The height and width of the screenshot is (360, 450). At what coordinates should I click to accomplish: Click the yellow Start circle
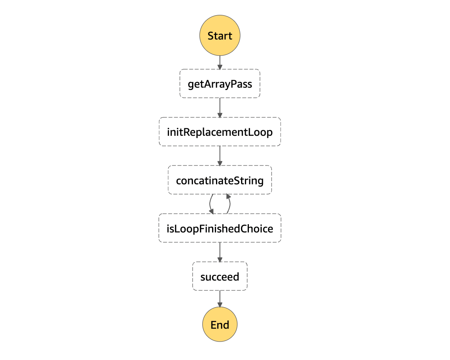tap(220, 35)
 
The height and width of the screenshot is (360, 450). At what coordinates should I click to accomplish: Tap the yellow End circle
tap(220, 324)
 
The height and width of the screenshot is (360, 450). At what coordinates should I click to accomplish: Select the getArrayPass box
tap(220, 83)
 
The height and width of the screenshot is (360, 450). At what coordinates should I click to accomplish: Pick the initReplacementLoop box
tap(220, 131)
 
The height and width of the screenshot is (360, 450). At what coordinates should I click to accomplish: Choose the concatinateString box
tap(220, 180)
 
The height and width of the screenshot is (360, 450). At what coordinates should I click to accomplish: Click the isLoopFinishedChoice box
tap(220, 228)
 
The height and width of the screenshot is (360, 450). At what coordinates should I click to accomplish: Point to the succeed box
tap(220, 276)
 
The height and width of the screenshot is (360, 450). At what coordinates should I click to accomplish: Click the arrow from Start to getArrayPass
tap(220, 63)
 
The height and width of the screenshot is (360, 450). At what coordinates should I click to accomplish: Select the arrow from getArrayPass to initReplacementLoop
tap(220, 108)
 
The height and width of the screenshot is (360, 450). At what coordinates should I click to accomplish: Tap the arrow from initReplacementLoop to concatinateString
tap(220, 156)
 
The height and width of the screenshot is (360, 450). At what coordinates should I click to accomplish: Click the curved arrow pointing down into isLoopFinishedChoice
tap(210, 204)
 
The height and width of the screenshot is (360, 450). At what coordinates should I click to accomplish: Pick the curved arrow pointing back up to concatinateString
tap(230, 204)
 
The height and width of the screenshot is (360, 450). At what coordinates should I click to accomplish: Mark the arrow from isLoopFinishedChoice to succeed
tap(220, 252)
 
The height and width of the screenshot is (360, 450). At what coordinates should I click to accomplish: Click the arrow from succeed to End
tap(220, 299)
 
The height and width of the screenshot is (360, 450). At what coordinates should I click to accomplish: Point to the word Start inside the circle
tap(220, 36)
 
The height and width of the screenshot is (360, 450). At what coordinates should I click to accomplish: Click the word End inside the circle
tap(220, 325)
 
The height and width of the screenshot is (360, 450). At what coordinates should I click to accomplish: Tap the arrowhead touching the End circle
tap(220, 304)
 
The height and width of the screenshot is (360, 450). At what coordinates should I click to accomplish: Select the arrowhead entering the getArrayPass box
tap(220, 67)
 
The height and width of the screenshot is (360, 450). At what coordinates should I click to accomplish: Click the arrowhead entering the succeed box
tap(220, 260)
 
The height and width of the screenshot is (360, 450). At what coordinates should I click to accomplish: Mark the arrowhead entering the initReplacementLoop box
tap(220, 115)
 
